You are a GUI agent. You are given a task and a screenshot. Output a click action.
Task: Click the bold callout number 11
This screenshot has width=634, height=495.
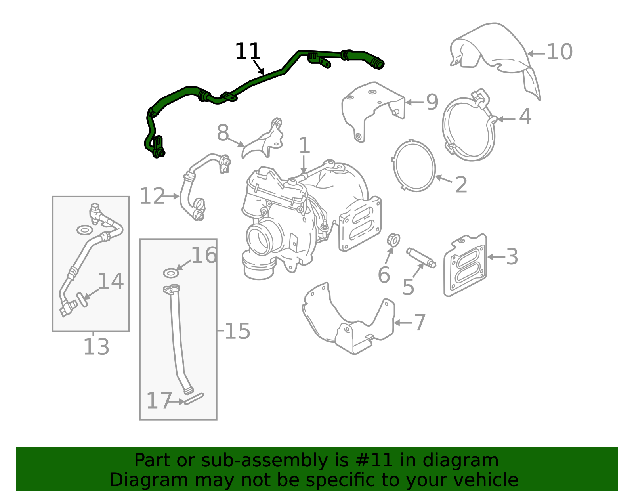[x=248, y=52]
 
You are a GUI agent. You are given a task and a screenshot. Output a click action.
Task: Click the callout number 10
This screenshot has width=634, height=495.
[x=559, y=52]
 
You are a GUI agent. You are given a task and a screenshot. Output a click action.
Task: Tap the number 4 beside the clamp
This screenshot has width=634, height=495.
[x=525, y=117]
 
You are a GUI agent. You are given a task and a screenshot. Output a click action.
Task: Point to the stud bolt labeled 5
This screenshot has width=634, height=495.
[x=421, y=258]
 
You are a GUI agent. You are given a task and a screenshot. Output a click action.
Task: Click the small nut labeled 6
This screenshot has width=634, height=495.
[x=393, y=240]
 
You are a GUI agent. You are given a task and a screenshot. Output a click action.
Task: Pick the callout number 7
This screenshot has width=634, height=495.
[x=419, y=323]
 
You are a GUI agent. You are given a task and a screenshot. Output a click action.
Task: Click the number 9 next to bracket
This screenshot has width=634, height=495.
[x=432, y=102]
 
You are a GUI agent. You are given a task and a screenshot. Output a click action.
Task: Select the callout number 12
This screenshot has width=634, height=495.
[x=152, y=197]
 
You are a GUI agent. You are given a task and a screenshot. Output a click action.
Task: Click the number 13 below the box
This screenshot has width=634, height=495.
[x=96, y=347]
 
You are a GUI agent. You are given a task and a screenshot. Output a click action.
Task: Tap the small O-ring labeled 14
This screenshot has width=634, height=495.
[x=81, y=299]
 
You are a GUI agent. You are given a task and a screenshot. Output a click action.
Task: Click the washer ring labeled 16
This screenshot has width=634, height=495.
[x=171, y=273]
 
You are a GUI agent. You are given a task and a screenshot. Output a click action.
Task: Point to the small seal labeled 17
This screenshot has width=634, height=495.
[x=194, y=398]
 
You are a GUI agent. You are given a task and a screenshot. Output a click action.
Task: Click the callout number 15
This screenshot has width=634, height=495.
[x=237, y=331]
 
